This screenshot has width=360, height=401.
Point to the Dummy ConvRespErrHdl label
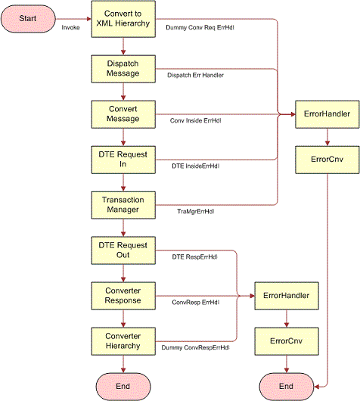[195, 348]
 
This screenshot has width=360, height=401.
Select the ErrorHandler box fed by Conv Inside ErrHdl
[325, 114]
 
